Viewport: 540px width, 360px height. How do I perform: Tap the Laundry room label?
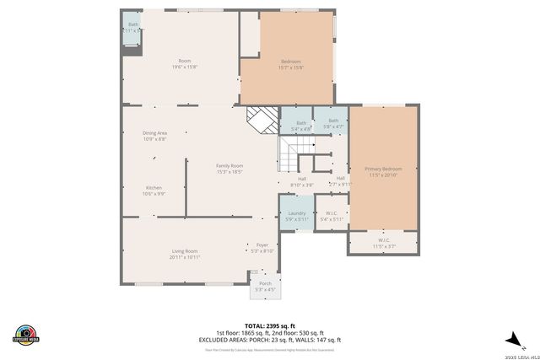coord(297,216)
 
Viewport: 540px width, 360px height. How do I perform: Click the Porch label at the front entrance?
coord(265,286)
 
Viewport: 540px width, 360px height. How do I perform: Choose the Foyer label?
coord(262,248)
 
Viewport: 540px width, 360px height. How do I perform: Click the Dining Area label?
coord(154,136)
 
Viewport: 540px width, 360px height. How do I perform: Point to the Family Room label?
coord(229,169)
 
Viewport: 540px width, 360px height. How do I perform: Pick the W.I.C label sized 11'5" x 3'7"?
coord(383,243)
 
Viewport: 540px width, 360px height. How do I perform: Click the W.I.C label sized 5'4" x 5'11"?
coord(332,216)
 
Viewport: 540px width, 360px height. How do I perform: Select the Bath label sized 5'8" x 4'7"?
coord(333,123)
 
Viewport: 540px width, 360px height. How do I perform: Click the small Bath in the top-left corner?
coord(133,27)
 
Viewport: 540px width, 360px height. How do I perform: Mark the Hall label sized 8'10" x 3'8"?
coord(301,181)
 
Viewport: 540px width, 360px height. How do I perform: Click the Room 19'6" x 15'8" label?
coord(184,64)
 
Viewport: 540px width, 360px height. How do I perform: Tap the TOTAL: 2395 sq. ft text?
coord(269,325)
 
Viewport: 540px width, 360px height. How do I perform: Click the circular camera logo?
coord(26,334)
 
